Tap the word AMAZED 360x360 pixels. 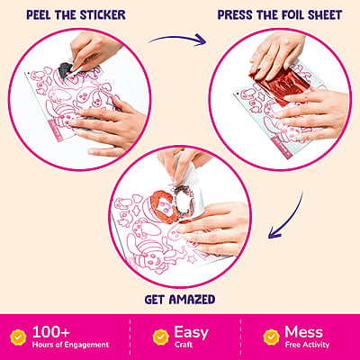click(x=192, y=300)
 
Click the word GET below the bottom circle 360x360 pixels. click(x=155, y=300)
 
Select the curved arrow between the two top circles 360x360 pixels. click(x=177, y=40)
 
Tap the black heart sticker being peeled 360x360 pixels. click(x=65, y=70)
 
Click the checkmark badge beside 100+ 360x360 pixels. click(x=18, y=337)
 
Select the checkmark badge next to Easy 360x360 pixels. click(x=161, y=337)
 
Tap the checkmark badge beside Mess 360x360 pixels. click(x=271, y=337)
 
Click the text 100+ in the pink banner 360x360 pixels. click(x=51, y=332)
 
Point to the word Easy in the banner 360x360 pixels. click(x=191, y=333)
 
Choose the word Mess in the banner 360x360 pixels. click(x=303, y=332)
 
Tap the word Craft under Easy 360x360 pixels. click(x=184, y=345)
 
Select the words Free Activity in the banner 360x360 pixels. click(x=307, y=345)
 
